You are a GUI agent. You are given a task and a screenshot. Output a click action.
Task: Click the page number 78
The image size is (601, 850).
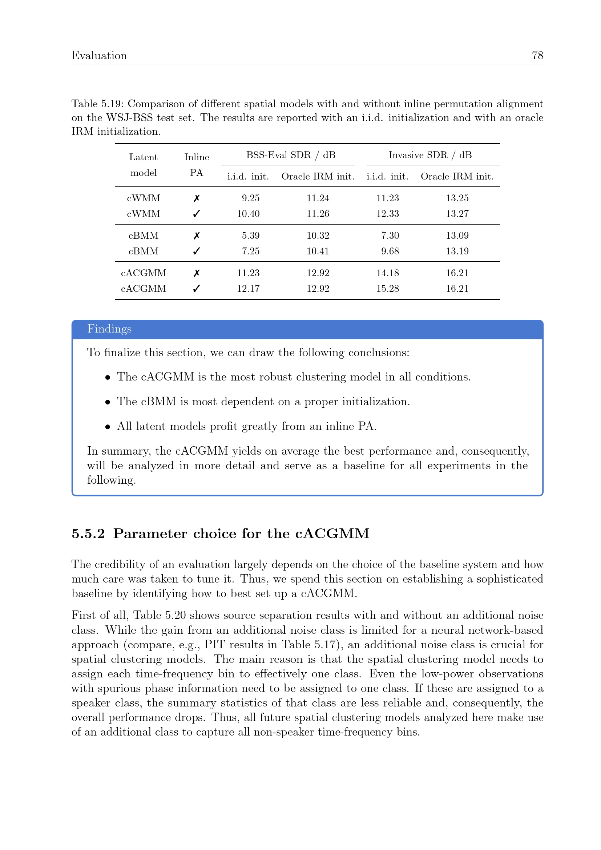537,56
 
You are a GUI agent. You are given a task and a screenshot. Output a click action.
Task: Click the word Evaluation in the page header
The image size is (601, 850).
99,56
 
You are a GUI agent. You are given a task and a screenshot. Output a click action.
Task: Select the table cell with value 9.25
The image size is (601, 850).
251,198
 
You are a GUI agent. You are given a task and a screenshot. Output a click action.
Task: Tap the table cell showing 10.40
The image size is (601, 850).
248,214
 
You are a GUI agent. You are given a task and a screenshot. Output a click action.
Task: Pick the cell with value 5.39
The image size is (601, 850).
251,235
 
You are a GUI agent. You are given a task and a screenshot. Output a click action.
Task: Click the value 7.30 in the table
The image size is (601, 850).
390,235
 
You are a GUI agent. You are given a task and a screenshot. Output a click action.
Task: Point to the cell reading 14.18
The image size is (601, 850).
387,273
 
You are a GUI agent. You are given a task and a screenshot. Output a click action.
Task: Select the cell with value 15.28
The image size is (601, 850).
387,289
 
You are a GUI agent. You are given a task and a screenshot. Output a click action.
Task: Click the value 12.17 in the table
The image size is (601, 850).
248,289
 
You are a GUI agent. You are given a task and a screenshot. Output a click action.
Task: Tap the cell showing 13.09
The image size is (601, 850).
457,235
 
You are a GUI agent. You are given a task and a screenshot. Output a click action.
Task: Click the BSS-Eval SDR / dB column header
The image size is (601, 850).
291,155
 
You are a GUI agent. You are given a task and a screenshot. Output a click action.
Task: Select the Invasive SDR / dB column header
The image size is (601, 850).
430,155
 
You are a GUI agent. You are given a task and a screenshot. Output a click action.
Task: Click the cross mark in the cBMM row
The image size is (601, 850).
197,235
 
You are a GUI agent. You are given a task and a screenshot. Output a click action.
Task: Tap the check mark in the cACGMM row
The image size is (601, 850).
197,289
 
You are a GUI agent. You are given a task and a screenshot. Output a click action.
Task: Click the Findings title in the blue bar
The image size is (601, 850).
109,329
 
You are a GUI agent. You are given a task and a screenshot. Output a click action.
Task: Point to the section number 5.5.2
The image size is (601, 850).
88,533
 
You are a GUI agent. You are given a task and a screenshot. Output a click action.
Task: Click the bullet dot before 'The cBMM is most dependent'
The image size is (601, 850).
108,402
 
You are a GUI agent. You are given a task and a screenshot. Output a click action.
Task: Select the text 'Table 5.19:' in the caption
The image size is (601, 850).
98,104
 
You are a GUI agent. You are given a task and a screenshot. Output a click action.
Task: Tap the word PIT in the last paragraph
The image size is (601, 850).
214,644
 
